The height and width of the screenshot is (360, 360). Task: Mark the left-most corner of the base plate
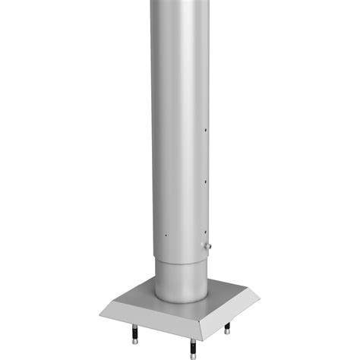pos(98,311)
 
